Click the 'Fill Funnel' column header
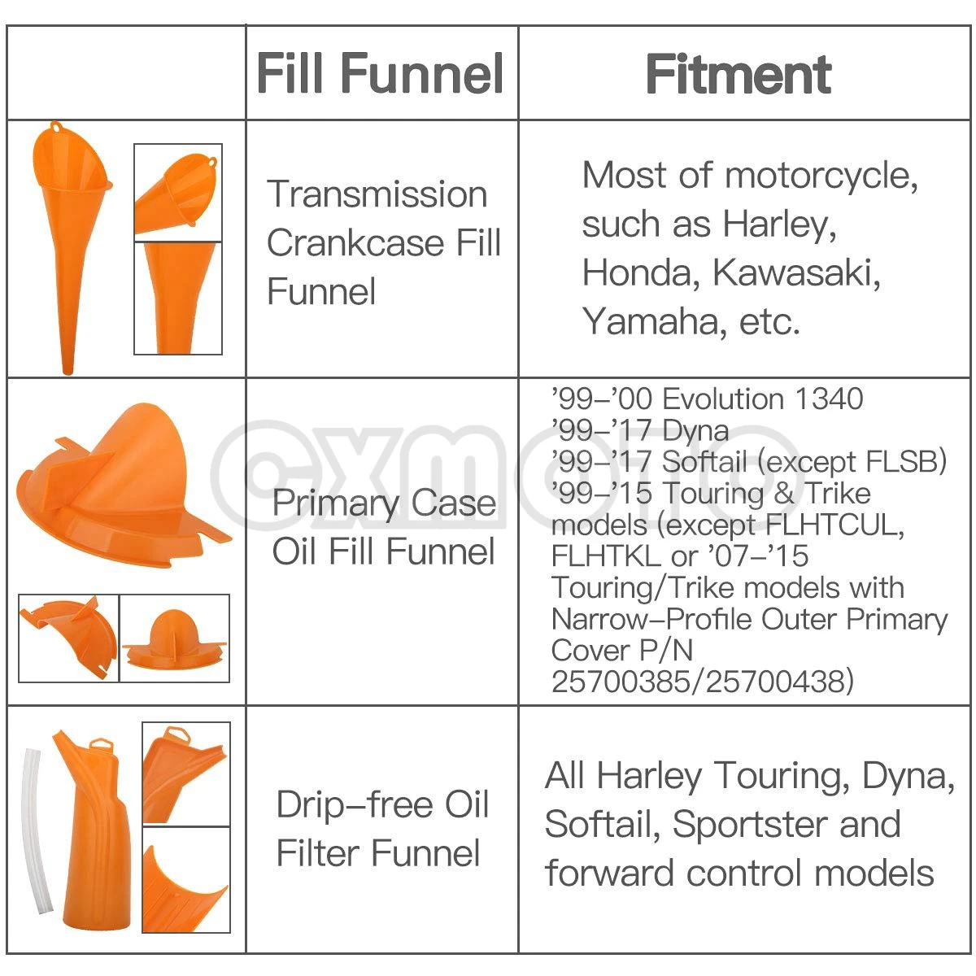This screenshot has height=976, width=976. [381, 74]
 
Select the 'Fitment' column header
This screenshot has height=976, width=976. [739, 75]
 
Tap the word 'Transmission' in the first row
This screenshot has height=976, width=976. [377, 194]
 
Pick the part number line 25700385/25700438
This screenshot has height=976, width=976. [703, 682]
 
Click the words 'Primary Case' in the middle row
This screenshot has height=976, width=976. [384, 503]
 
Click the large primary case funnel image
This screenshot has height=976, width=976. [122, 484]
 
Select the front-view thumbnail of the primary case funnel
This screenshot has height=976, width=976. [175, 638]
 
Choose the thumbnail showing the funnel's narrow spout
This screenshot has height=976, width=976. [178, 298]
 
